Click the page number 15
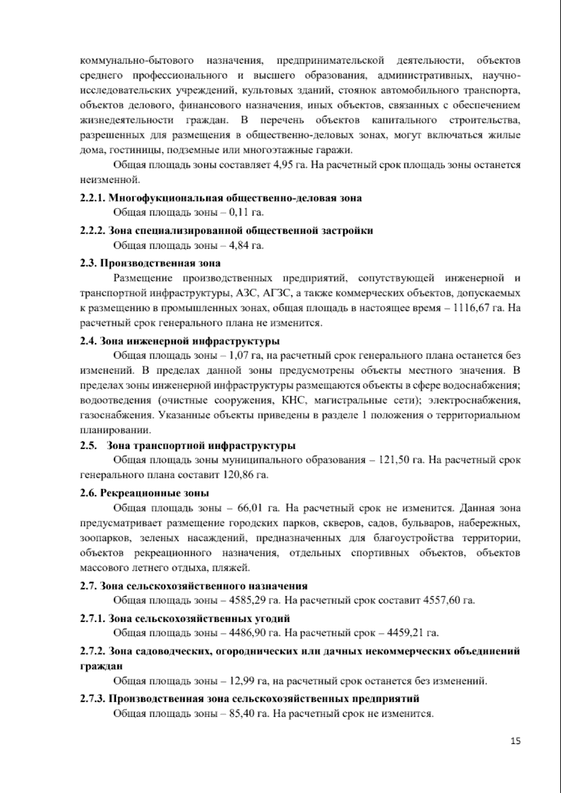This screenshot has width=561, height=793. [x=516, y=741]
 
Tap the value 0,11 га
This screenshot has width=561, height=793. [x=246, y=213]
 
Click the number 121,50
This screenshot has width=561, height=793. [x=393, y=460]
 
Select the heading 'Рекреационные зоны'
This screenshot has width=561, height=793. [x=155, y=493]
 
